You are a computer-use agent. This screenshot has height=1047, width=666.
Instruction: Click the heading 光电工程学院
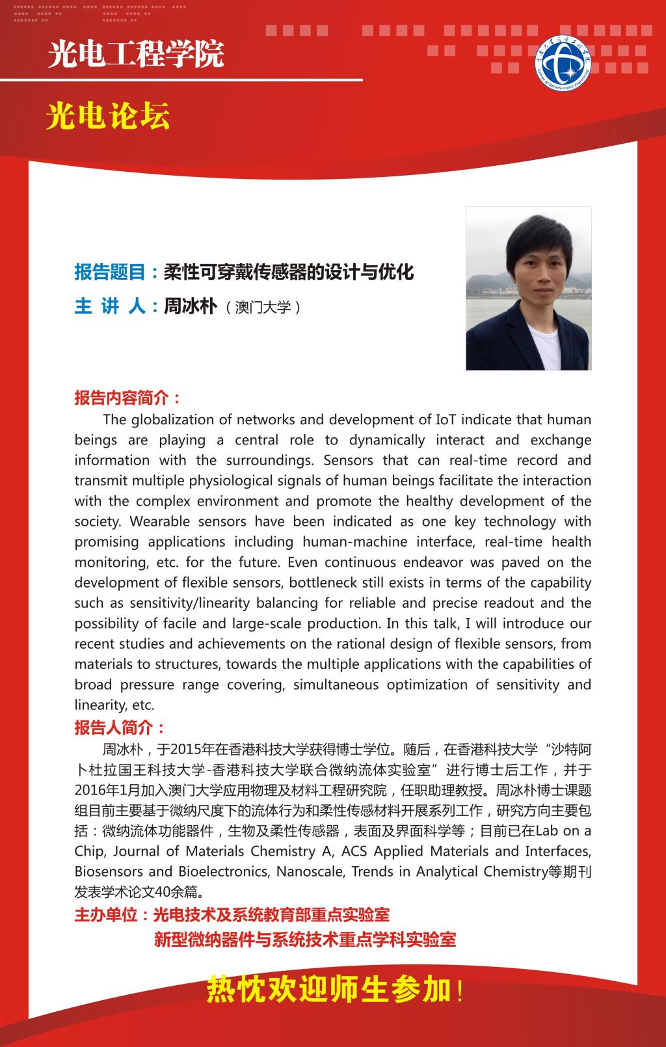[136, 55]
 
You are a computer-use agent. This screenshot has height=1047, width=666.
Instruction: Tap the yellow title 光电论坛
[108, 117]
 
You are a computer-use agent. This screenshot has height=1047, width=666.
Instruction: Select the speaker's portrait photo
[528, 288]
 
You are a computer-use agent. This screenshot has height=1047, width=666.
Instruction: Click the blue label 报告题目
[110, 272]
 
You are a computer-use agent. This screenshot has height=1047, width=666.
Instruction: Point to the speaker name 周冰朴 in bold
[190, 306]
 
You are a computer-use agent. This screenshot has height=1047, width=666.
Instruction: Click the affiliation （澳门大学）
[263, 307]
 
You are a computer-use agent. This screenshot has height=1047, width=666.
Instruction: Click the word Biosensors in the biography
[108, 871]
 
